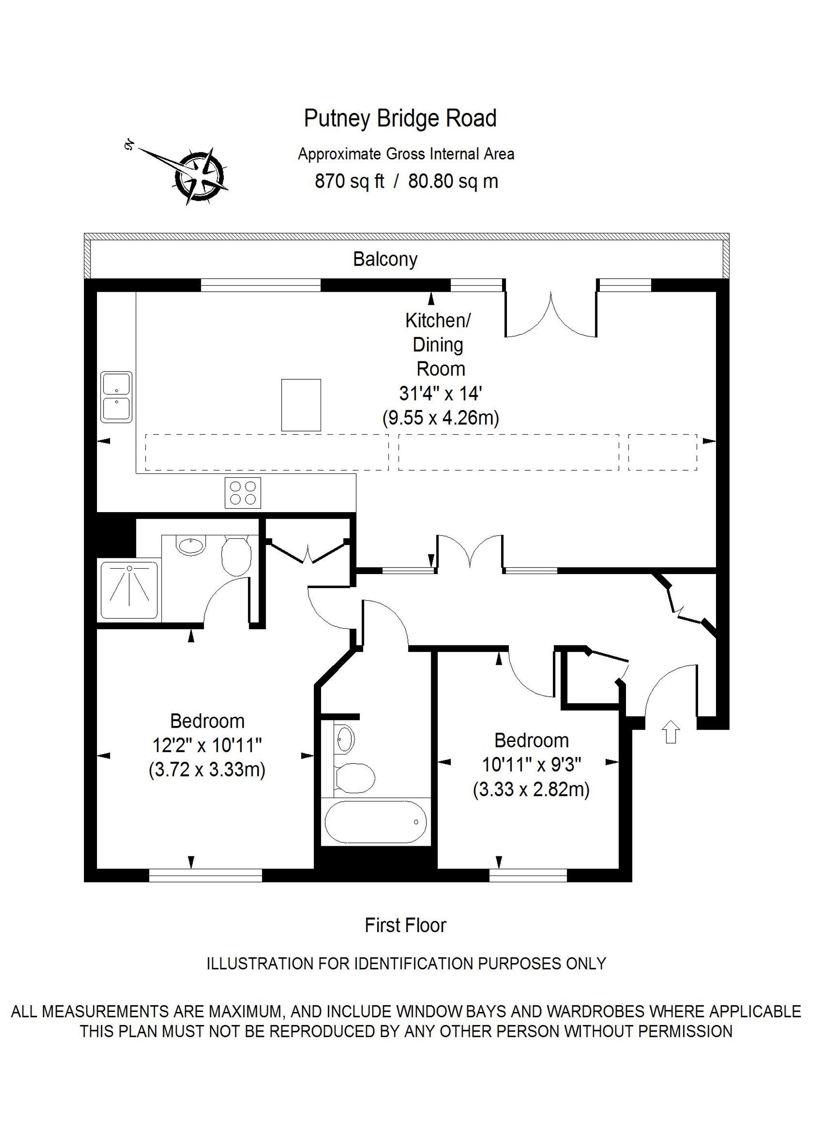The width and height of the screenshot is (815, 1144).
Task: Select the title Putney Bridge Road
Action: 400,119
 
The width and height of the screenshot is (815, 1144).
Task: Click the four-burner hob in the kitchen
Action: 243,493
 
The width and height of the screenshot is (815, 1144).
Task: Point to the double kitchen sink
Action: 117,397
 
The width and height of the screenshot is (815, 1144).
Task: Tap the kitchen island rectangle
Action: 301,405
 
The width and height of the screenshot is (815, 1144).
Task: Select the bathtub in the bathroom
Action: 375,821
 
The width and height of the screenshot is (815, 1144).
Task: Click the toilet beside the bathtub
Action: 354,778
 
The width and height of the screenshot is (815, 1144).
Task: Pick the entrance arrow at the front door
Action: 671,732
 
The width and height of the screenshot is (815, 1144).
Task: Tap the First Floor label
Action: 405,925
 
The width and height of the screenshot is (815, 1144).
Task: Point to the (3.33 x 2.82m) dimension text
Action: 531,790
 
